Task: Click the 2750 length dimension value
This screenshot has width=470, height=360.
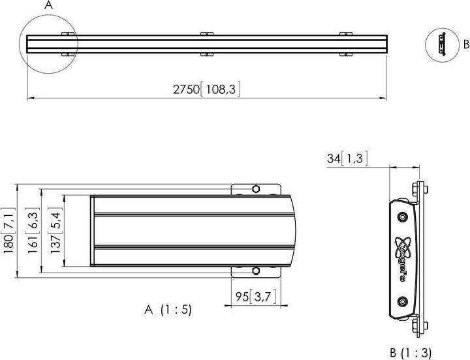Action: coord(186,89)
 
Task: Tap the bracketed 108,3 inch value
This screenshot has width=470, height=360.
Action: coord(221,89)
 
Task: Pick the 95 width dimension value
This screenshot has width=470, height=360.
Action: coord(242,297)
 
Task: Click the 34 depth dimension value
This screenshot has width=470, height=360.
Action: coord(334,158)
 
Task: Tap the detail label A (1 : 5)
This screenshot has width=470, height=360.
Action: coord(168,310)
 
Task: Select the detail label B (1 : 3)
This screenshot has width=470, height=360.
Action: coord(411,353)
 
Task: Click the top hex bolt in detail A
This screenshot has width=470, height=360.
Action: coord(256,189)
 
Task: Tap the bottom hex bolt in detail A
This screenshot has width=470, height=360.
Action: coord(256,271)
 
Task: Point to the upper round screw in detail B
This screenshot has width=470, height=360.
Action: coord(401,217)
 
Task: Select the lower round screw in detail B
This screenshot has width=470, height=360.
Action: coord(401,301)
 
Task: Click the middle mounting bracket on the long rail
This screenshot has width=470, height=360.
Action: coord(207,44)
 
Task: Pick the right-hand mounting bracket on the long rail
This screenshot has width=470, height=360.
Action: coord(345,44)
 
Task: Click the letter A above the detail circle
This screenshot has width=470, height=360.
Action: coord(48,5)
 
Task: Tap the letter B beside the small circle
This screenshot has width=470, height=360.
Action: coord(466,44)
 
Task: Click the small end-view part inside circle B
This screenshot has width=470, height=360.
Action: coord(442,45)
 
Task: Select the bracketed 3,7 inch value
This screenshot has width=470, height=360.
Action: coord(262,297)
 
